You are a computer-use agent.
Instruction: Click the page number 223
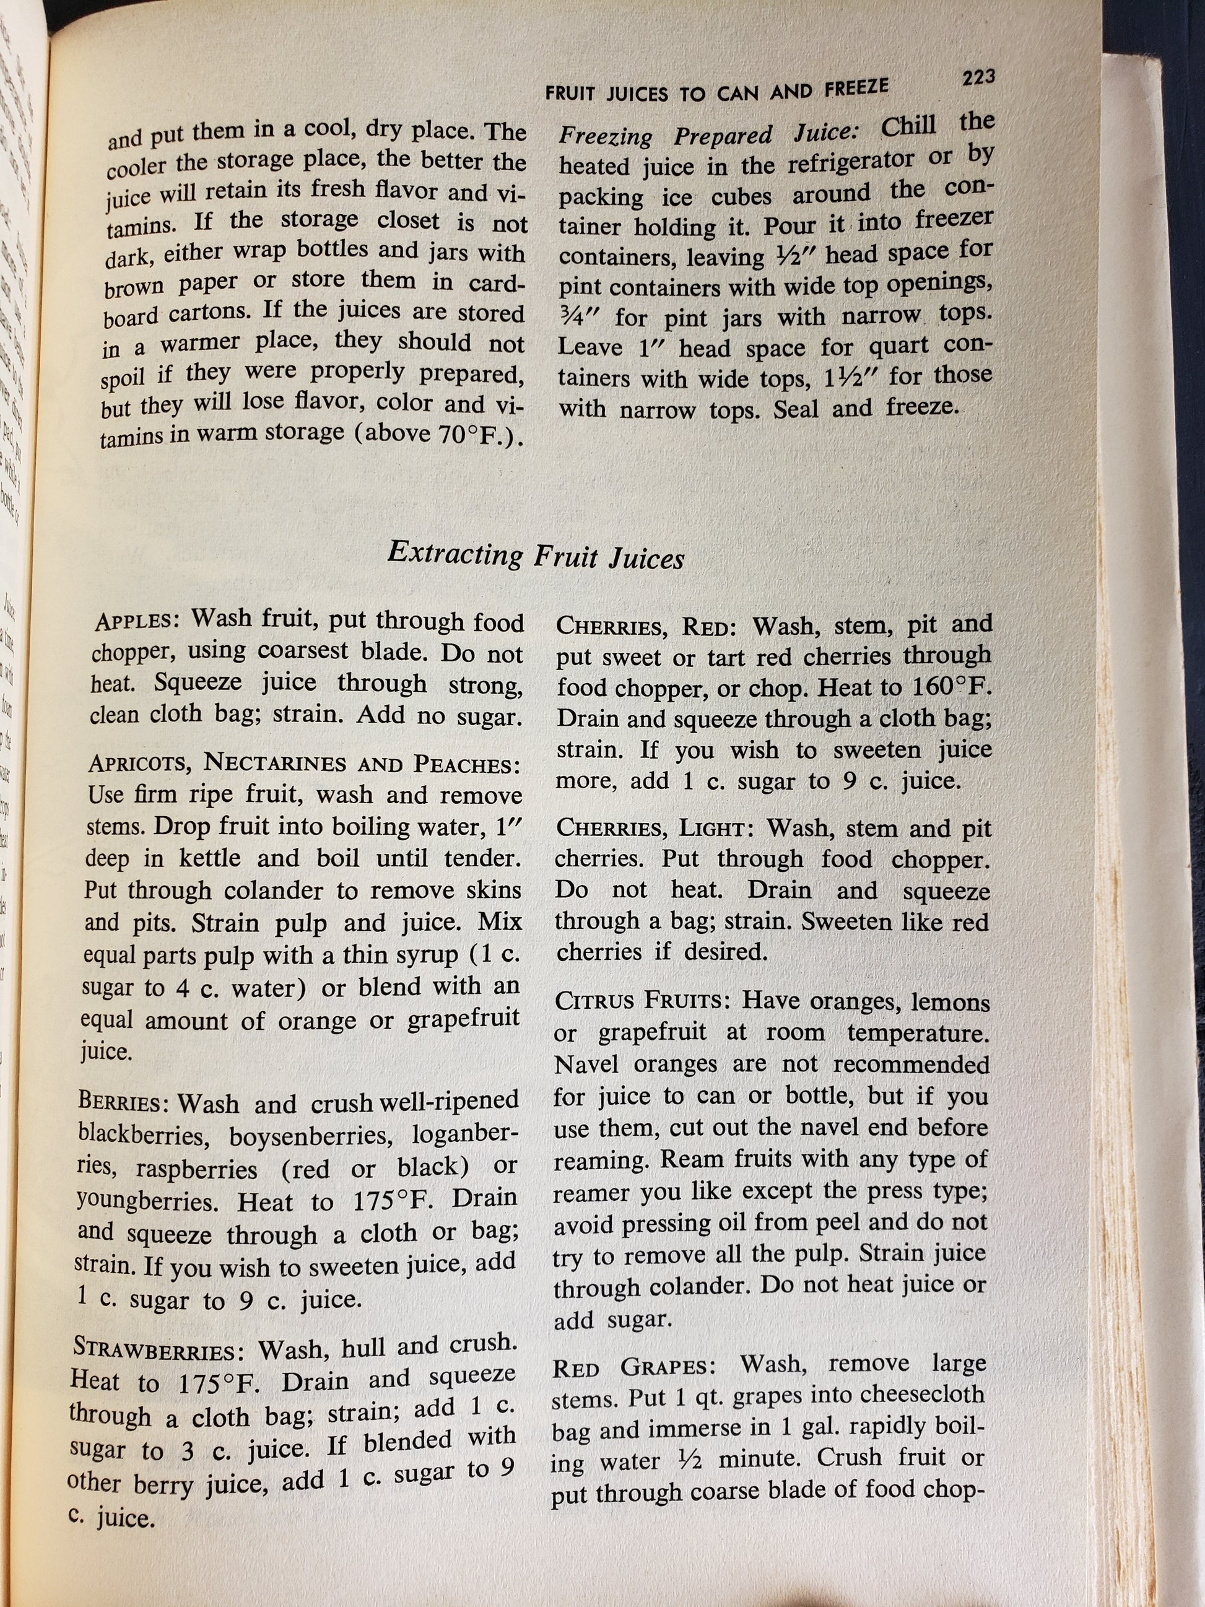[978, 77]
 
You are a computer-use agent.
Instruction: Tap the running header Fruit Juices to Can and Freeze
[716, 91]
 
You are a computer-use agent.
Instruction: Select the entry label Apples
[135, 621]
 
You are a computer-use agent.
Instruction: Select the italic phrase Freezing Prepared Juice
[709, 135]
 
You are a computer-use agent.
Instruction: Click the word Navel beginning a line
[587, 1065]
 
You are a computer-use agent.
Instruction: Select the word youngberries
[147, 1201]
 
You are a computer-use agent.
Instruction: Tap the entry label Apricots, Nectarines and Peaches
[304, 764]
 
